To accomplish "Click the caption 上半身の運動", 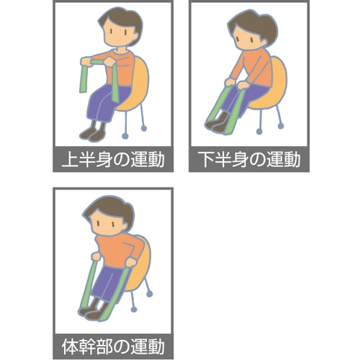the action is [x=113, y=159].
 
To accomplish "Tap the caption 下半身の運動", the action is [x=250, y=159].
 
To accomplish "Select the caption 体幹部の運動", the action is [x=113, y=346].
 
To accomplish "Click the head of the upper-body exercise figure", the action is [x=121, y=27].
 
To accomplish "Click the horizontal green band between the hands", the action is [x=96, y=63].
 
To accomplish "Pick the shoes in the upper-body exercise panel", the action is [x=93, y=134].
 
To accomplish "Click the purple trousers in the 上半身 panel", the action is [x=107, y=103].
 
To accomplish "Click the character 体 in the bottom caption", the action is [x=70, y=347].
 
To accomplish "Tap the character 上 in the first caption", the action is [x=70, y=159].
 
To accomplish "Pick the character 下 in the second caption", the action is [x=207, y=159].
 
